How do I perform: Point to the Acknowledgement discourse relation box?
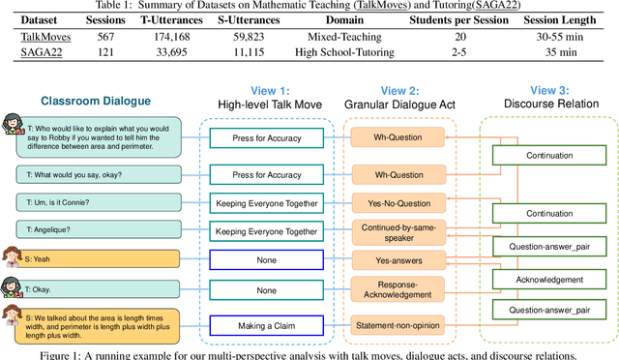(549, 279)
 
